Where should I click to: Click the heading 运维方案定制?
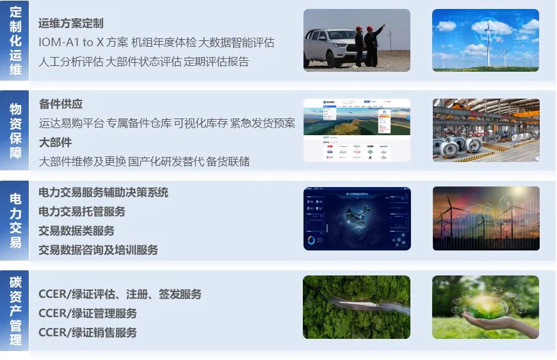(70, 24)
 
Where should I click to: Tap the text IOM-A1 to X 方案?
(83, 43)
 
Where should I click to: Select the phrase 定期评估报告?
(216, 62)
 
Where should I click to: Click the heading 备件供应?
(61, 104)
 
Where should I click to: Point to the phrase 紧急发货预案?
(263, 124)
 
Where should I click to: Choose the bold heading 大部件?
(55, 142)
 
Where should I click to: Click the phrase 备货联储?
(228, 161)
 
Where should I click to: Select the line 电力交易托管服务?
(82, 211)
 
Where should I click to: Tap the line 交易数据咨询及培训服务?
(98, 250)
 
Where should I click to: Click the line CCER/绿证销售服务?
(88, 332)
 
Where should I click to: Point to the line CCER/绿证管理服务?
(88, 313)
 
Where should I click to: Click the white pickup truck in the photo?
(330, 48)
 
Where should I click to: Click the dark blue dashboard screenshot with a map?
(357, 218)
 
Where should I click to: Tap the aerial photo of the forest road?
(357, 307)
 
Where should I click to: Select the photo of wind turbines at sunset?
(486, 218)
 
